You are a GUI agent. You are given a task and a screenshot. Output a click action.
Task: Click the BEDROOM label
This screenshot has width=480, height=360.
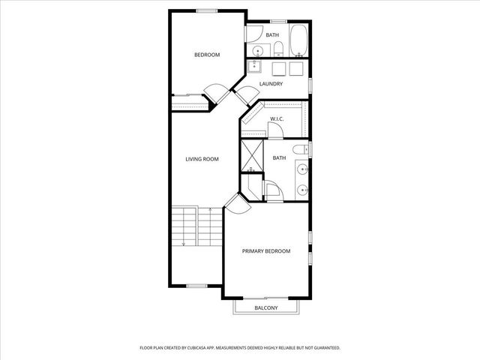[x=207, y=55]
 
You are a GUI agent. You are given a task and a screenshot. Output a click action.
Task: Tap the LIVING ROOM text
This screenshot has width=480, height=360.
[x=202, y=159]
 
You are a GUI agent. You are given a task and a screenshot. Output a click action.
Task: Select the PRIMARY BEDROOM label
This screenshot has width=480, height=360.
[x=265, y=251]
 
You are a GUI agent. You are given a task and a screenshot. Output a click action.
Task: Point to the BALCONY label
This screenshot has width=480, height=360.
[x=265, y=308]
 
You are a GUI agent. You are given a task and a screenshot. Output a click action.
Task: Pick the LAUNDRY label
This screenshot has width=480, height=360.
[x=271, y=84]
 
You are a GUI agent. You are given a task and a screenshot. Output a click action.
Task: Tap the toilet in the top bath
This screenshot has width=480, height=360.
[x=277, y=49]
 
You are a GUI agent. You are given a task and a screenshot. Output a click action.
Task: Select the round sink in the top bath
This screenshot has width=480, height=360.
[x=258, y=50]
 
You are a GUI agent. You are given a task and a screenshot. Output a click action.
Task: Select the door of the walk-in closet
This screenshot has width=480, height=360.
[x=275, y=132]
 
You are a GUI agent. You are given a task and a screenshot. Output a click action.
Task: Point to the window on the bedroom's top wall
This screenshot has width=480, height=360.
[x=208, y=10]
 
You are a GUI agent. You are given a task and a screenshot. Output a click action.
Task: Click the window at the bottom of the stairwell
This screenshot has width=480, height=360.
[x=196, y=285]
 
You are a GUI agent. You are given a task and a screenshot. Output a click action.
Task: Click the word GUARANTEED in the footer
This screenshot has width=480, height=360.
[x=324, y=348]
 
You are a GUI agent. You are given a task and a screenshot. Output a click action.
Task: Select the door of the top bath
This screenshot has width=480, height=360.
[x=252, y=34]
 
